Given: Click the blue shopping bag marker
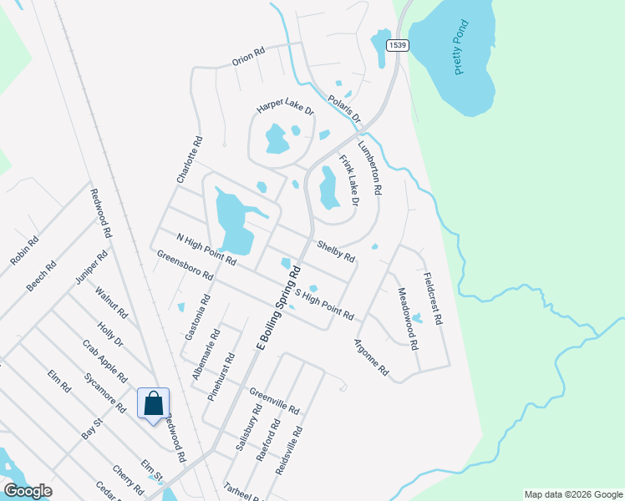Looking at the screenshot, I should click(x=154, y=404).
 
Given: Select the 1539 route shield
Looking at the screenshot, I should click(x=398, y=45).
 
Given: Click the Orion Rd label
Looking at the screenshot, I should click(x=248, y=56).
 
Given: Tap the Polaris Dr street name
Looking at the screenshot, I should click(x=343, y=109).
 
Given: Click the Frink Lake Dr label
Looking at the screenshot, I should click(x=348, y=180).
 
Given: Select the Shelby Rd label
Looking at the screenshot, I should click(x=337, y=250).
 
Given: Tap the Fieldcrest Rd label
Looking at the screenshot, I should click(x=432, y=299).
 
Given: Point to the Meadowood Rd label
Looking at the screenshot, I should click(x=406, y=312).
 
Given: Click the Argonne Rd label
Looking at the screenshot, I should click(x=371, y=357).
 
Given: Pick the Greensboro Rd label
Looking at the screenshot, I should click(x=185, y=264).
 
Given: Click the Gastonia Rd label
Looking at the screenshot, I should click(x=197, y=316).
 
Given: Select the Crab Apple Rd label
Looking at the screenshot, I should click(x=104, y=360).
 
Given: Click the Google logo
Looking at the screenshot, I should click(x=28, y=491).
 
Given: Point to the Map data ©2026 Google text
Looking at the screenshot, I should click(x=572, y=494).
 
